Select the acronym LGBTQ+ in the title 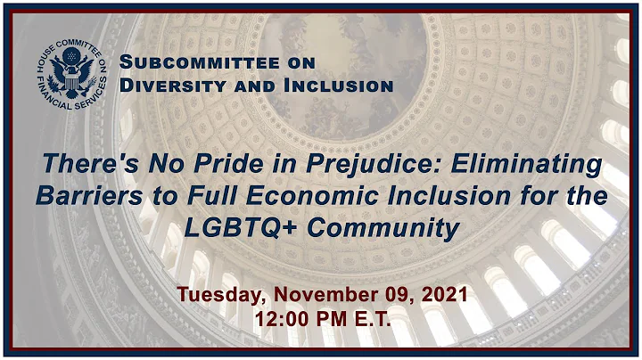pos(237,228)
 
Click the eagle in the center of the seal pos(70,69)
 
